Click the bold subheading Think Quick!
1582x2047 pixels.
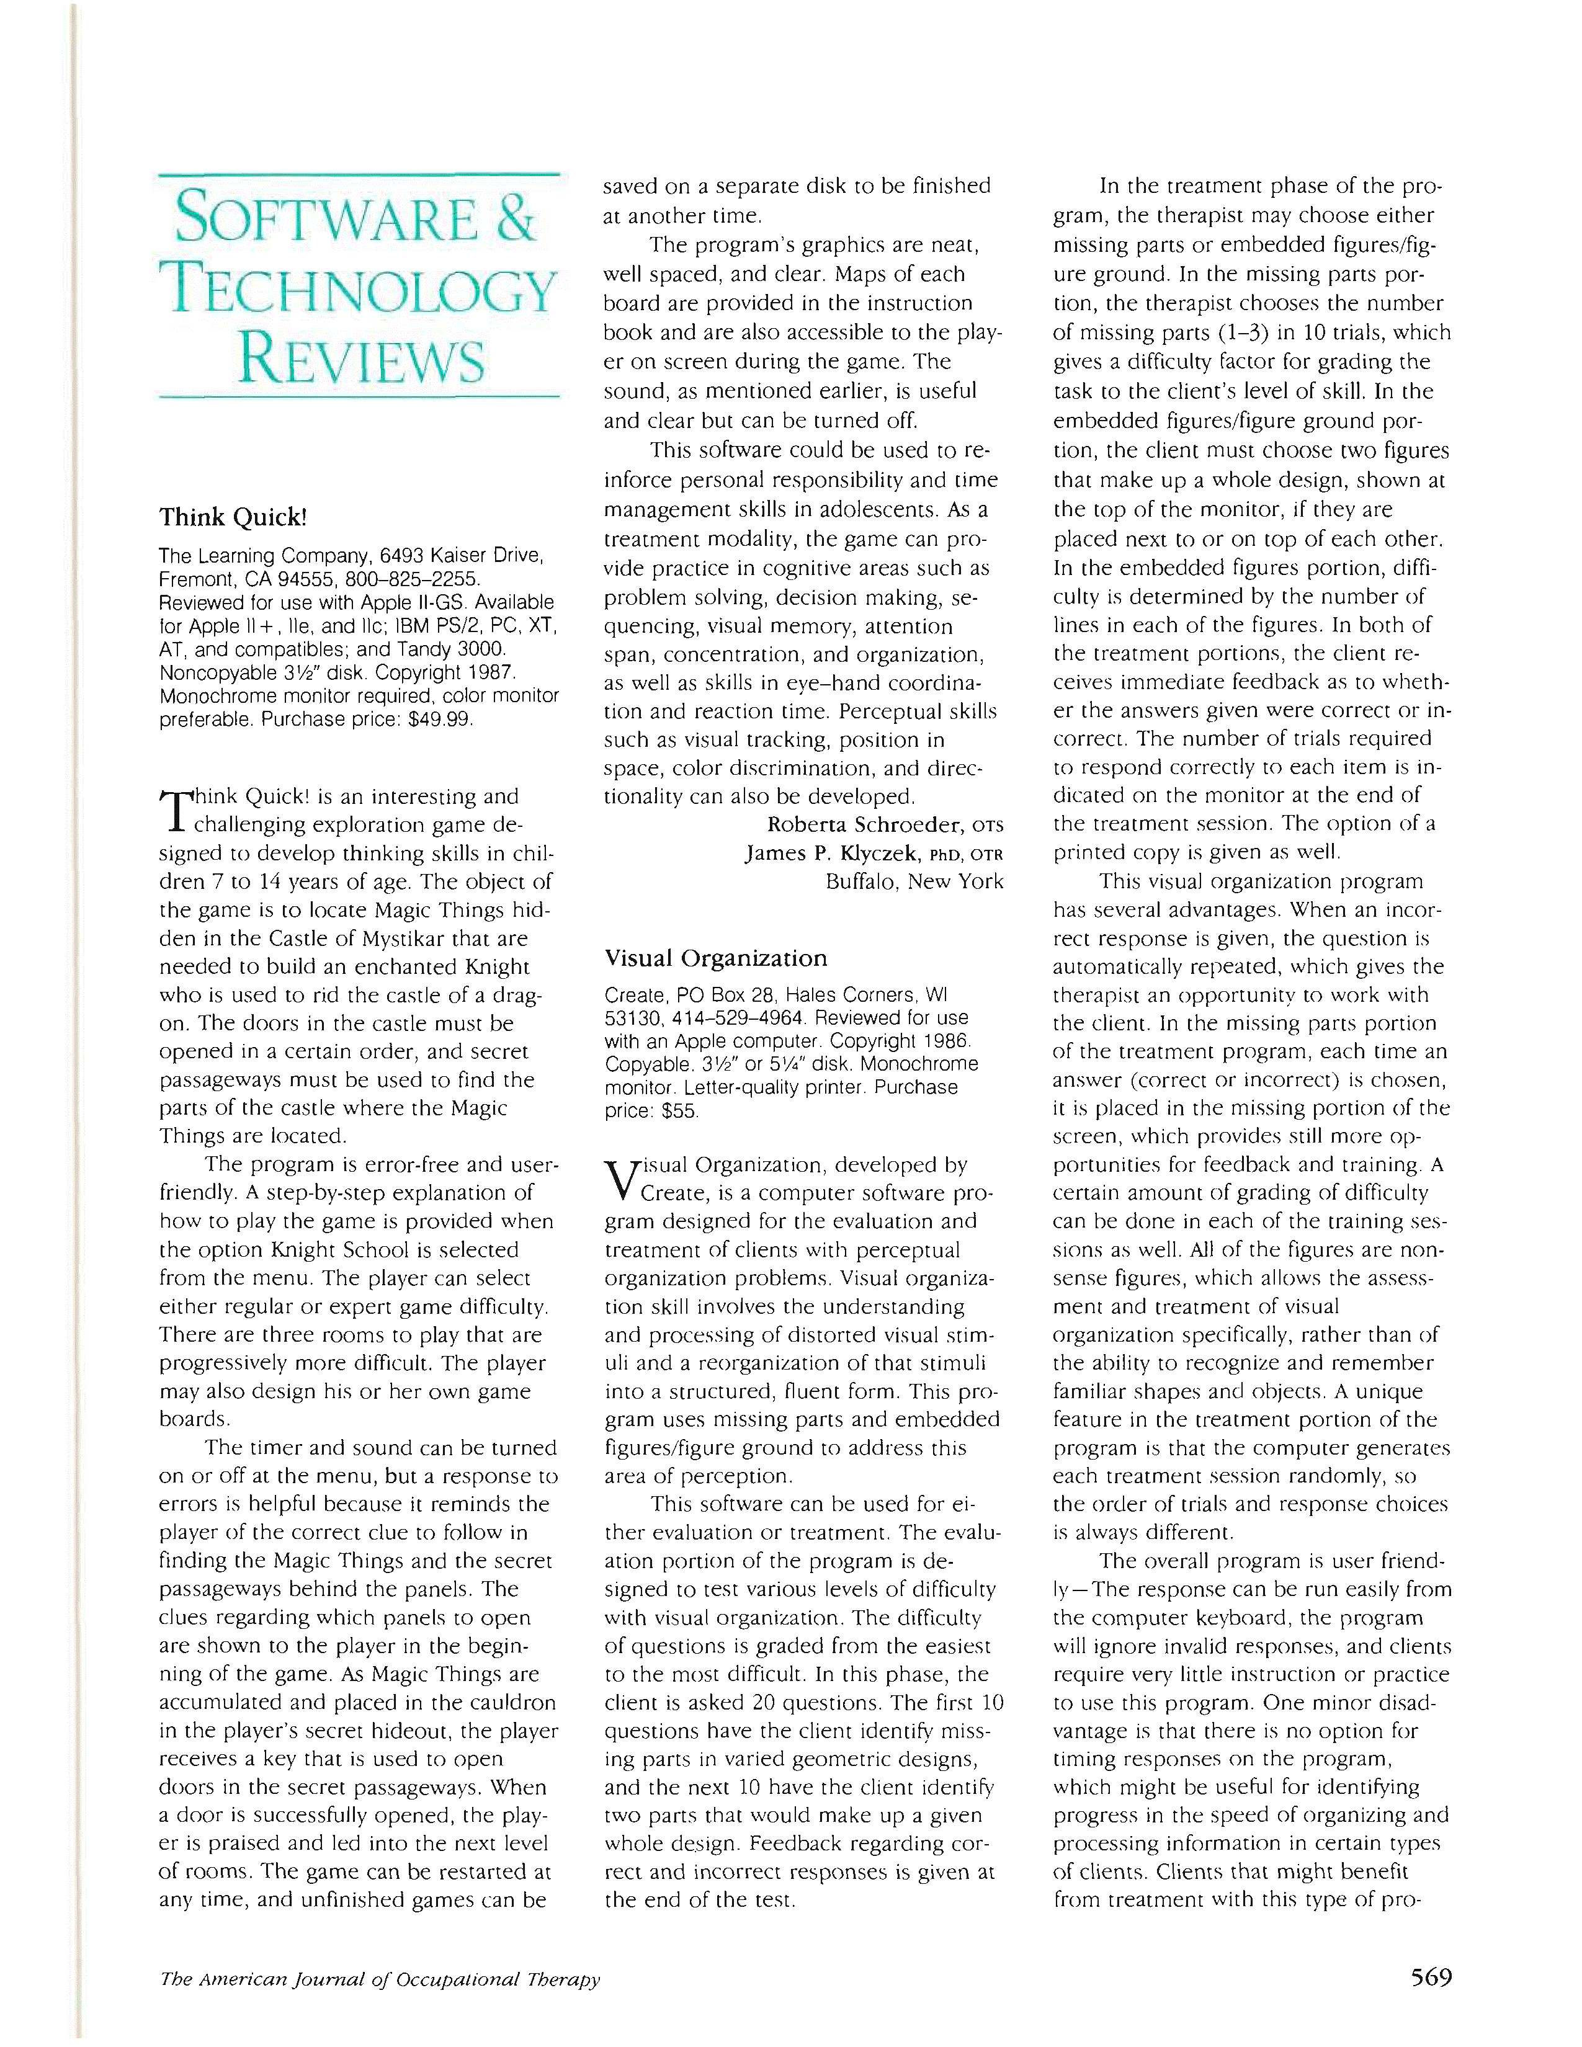point(233,517)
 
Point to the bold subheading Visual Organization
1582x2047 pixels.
point(716,958)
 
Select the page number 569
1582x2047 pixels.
point(1430,1978)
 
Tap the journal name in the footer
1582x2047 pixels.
point(380,1979)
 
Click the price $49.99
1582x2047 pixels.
point(442,720)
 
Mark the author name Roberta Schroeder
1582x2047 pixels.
point(865,825)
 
